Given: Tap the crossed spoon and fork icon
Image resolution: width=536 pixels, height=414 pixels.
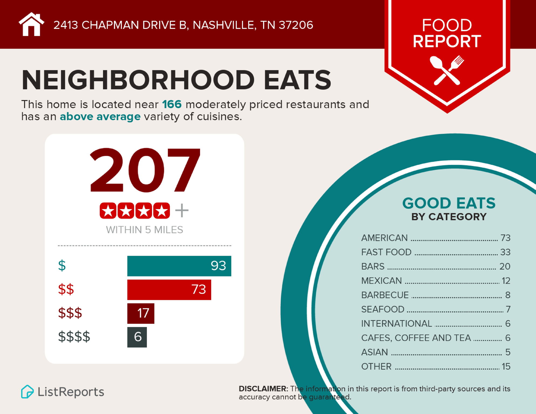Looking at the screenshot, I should [x=447, y=70].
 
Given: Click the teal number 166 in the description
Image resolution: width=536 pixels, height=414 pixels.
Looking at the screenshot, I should [x=172, y=104].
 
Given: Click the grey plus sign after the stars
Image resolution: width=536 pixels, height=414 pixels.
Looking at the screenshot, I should [x=182, y=211].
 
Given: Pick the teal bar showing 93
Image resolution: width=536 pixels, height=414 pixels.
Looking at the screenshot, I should [x=179, y=266].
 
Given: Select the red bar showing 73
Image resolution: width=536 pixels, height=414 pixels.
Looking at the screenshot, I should [x=169, y=290].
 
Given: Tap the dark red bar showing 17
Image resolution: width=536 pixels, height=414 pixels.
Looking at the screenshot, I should [x=141, y=313].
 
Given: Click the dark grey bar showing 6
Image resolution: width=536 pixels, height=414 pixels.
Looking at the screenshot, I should [x=137, y=337].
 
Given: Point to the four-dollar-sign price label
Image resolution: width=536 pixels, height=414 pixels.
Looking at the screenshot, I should [x=74, y=337].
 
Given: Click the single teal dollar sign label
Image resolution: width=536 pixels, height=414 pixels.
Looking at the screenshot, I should [x=62, y=266].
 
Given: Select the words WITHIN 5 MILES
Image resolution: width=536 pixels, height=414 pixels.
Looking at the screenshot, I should [x=145, y=230].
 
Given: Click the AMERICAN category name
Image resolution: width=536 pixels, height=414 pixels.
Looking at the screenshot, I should [x=384, y=238].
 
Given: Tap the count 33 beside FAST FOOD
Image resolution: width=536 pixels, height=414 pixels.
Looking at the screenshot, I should [x=505, y=252].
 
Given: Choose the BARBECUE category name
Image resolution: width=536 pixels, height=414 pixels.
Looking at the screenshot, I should [x=385, y=295].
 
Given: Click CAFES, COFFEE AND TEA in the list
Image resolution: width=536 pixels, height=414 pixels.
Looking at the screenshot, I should [x=416, y=338].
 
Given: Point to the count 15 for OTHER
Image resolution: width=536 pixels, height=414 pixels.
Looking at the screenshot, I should [x=506, y=367].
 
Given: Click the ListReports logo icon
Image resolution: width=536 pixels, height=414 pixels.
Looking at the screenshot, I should [x=27, y=392].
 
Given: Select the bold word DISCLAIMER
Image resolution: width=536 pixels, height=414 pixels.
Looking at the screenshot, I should [x=263, y=389].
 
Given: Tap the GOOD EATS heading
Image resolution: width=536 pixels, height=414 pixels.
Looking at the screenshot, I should [x=449, y=203].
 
